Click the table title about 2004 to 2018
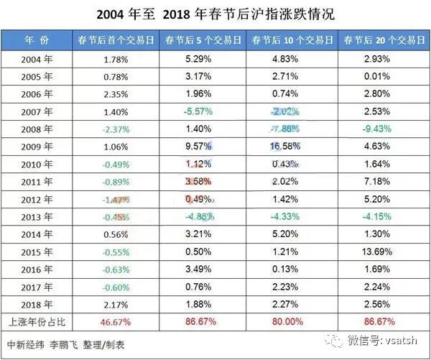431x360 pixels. pyautogui.click(x=215, y=14)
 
